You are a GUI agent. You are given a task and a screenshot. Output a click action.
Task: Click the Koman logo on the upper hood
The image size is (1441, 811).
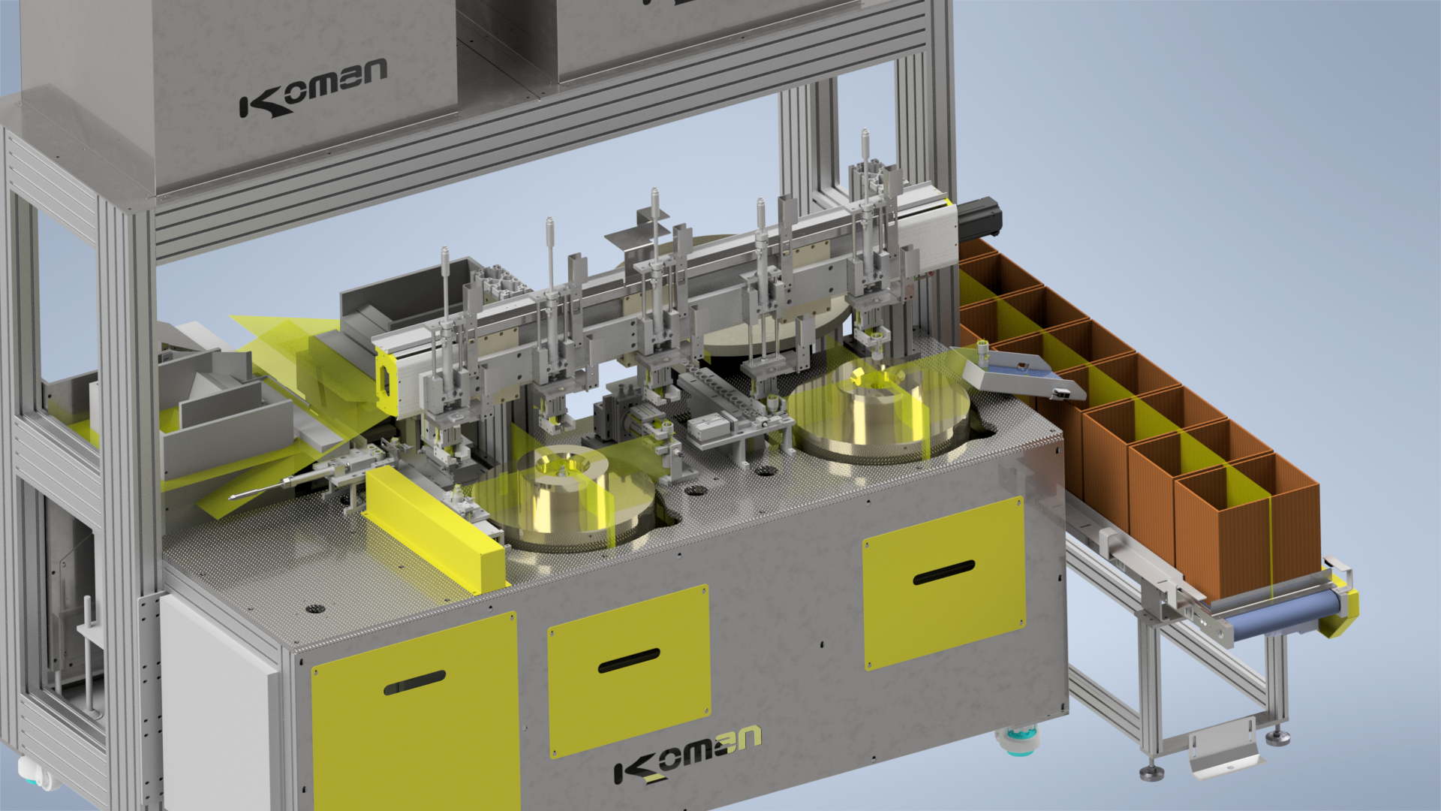click(x=313, y=89)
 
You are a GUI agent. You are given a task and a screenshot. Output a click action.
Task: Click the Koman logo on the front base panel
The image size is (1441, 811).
click(x=687, y=755)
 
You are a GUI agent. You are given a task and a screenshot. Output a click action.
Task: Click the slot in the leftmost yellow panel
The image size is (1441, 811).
click(x=414, y=683)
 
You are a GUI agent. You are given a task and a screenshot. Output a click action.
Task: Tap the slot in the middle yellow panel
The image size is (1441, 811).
click(x=629, y=661)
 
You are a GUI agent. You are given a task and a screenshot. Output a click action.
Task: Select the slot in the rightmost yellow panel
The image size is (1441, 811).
click(x=943, y=572)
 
